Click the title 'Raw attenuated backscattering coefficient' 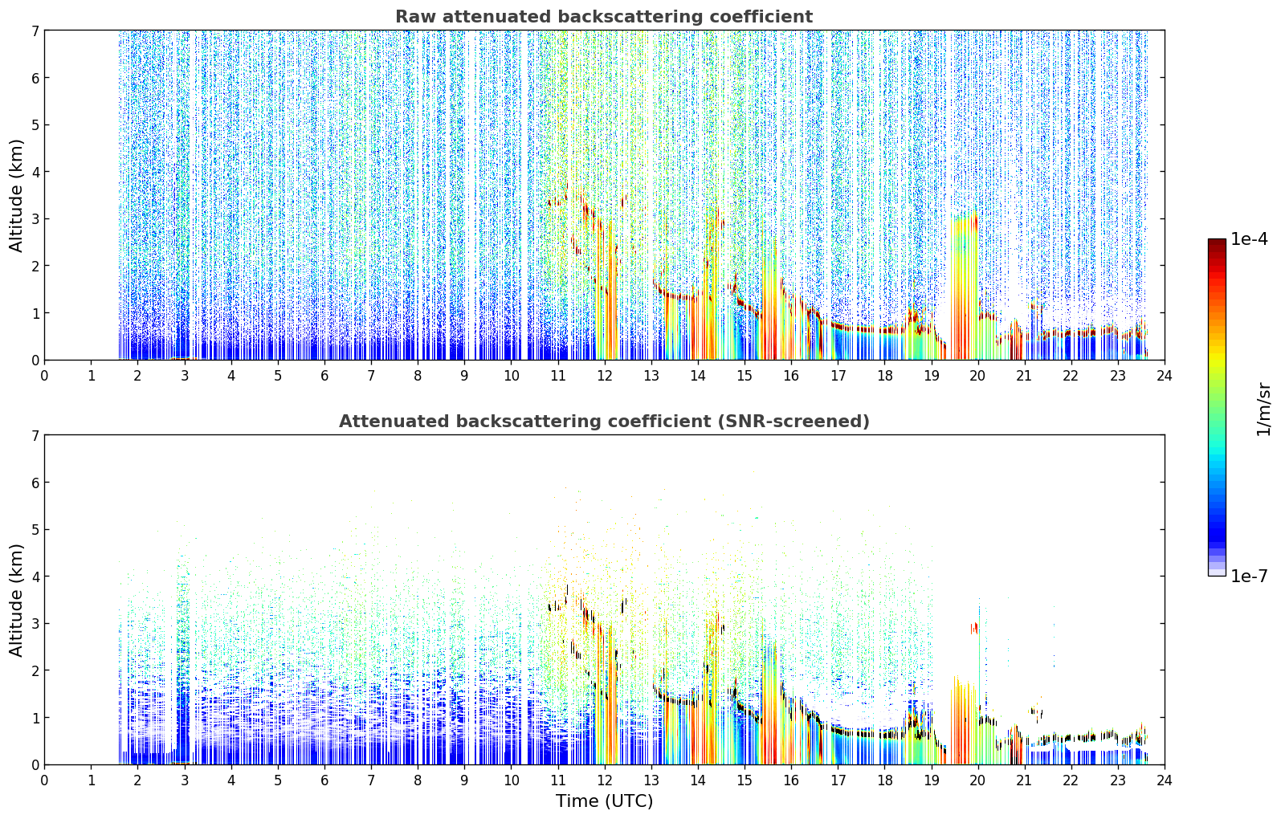[x=604, y=17]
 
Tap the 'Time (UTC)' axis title [x=604, y=801]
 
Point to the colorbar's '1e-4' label [x=1250, y=239]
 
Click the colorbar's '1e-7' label [x=1250, y=576]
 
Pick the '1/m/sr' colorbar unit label [x=1263, y=409]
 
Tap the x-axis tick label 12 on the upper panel [x=605, y=376]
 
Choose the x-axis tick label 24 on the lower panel [x=1165, y=780]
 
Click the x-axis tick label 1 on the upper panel [x=92, y=376]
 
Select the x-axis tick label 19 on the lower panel [x=931, y=780]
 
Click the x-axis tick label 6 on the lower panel [x=324, y=780]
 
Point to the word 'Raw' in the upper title [x=416, y=17]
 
